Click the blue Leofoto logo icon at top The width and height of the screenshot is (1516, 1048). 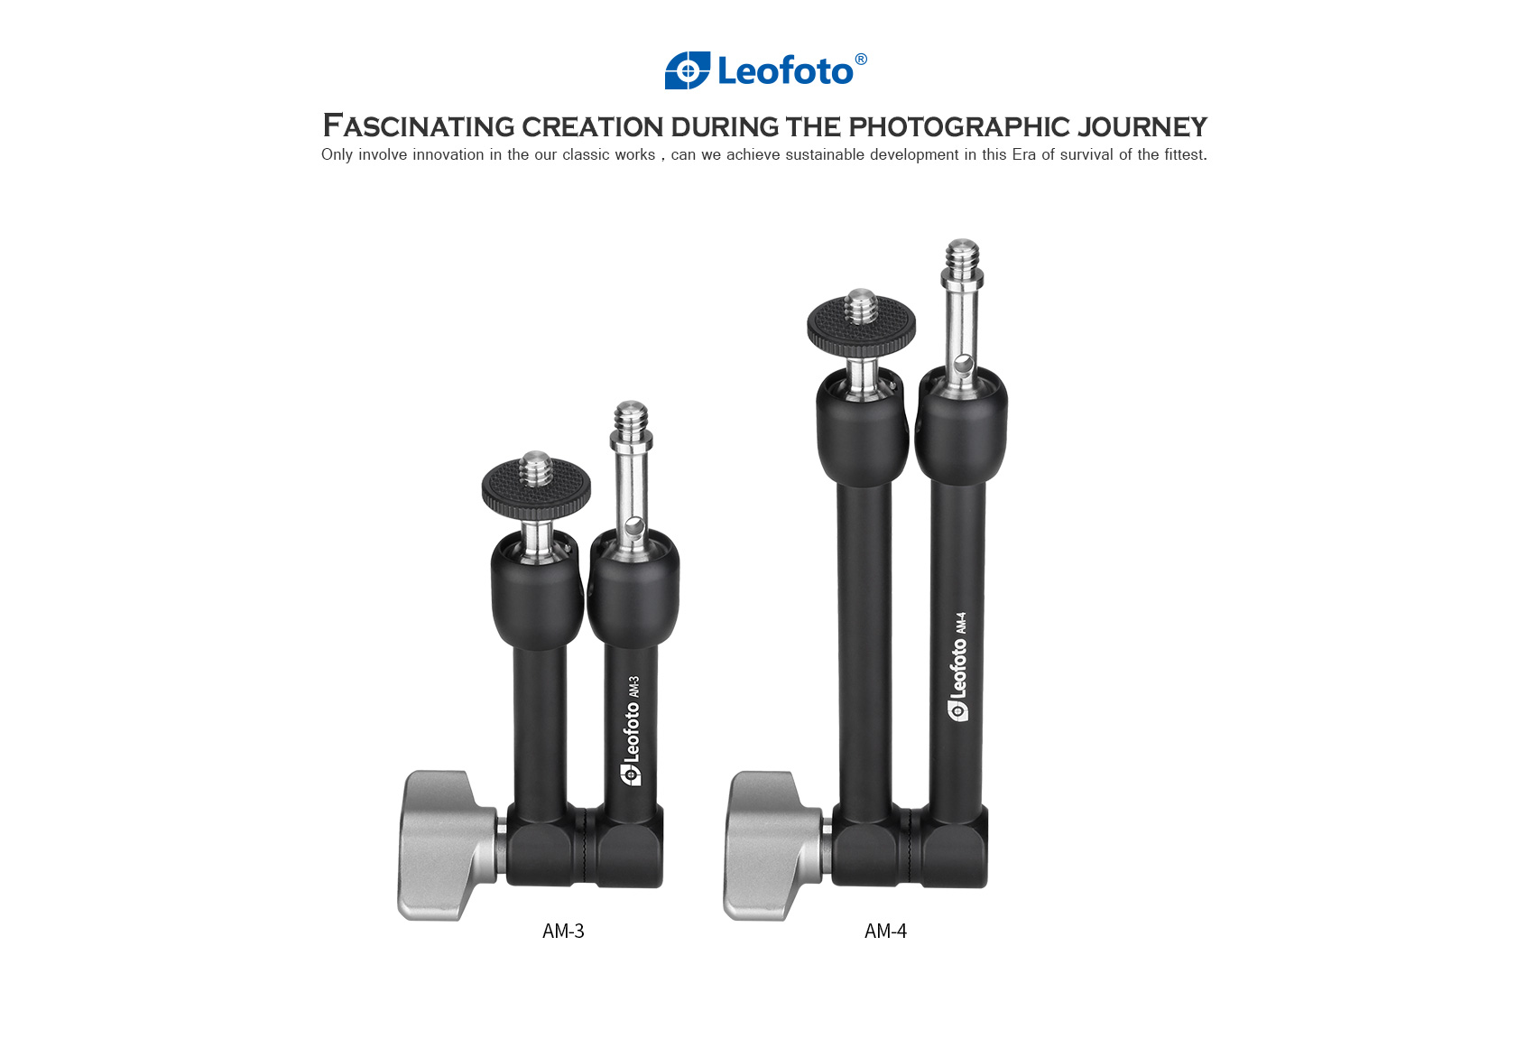point(688,70)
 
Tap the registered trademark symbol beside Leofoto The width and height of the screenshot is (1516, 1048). point(861,59)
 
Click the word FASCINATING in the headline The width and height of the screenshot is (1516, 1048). point(419,126)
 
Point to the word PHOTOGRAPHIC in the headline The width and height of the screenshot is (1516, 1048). point(959,127)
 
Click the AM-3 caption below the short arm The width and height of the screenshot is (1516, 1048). point(563,932)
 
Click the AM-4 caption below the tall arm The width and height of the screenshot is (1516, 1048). point(885,932)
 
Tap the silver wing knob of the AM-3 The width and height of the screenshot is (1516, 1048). point(447,846)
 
